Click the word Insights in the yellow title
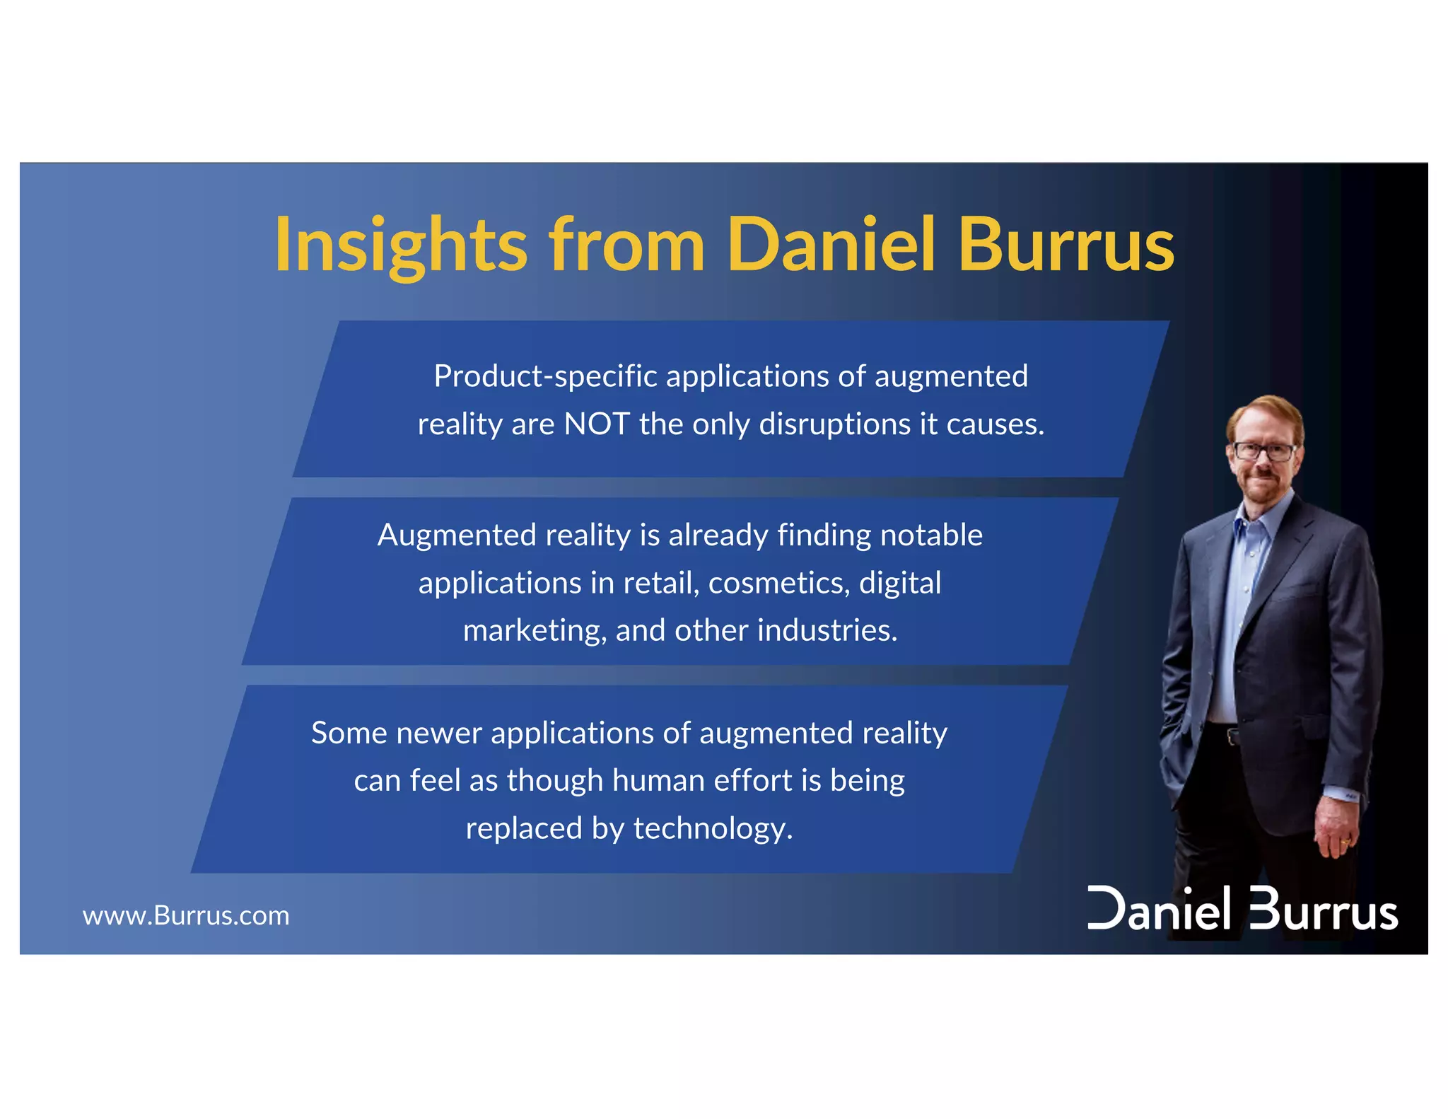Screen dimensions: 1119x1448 (x=400, y=244)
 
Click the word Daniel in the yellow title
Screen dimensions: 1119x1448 (x=831, y=244)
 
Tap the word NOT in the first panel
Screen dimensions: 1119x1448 (x=597, y=424)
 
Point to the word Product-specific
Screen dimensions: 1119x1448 (x=545, y=376)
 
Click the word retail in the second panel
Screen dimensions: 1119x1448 (x=660, y=583)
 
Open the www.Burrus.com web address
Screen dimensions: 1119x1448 (x=186, y=916)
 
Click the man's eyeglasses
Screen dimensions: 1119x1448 (x=1264, y=451)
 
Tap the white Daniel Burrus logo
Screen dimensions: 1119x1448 (x=1242, y=910)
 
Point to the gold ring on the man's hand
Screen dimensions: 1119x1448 (x=1344, y=842)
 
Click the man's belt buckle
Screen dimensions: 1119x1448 (x=1233, y=736)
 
